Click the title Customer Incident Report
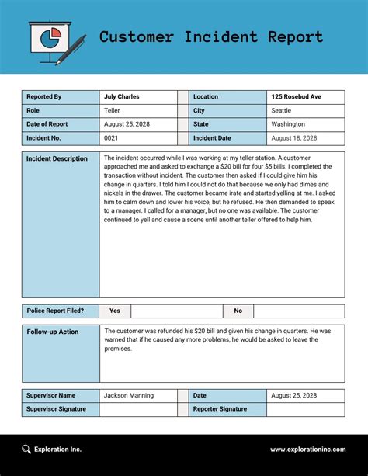pos(211,36)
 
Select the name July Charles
pos(122,97)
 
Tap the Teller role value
pos(113,111)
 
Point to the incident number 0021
pos(111,138)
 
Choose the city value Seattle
pos(282,111)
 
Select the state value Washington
pos(288,124)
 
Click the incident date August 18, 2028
pos(293,138)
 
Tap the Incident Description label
pos(57,159)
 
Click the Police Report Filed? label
pos(55,311)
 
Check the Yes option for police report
pos(115,311)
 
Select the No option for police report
pos(238,311)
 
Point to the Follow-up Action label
pos(52,332)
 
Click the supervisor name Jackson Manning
pos(129,396)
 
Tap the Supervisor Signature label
pos(57,409)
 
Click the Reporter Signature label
pos(220,409)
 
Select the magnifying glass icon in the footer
pos(27,449)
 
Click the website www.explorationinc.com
pos(306,450)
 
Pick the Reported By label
pos(44,97)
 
